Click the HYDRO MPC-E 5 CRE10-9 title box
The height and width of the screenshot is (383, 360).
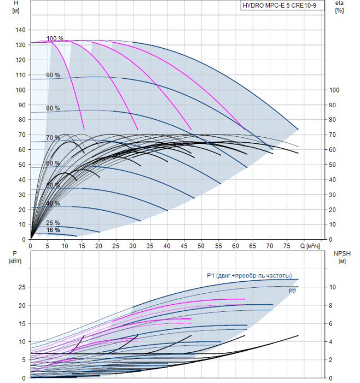pyautogui.click(x=282, y=5)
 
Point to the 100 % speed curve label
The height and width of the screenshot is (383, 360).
pyautogui.click(x=55, y=38)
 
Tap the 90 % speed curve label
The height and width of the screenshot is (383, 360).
pyautogui.click(x=53, y=75)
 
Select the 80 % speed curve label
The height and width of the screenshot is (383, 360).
pyautogui.click(x=53, y=108)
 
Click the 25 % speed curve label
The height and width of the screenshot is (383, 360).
pyautogui.click(x=53, y=223)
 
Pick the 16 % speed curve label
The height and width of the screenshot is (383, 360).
pyautogui.click(x=53, y=230)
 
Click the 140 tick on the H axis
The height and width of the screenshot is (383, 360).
pyautogui.click(x=20, y=30)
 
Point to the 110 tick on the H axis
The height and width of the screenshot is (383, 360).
pyautogui.click(x=20, y=75)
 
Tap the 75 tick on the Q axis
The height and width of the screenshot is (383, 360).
pyautogui.click(x=287, y=246)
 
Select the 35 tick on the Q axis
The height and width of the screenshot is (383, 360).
pyautogui.click(x=150, y=246)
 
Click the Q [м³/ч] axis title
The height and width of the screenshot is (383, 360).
pyautogui.click(x=310, y=246)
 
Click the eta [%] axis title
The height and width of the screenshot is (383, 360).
pyautogui.click(x=340, y=7)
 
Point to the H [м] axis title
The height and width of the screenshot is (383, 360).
pyautogui.click(x=16, y=7)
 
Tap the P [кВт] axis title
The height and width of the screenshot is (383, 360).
pyautogui.click(x=15, y=258)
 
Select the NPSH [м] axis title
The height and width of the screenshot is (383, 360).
pyautogui.click(x=342, y=258)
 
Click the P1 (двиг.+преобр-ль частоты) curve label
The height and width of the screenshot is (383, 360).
pyautogui.click(x=249, y=276)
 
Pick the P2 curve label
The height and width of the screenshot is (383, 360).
pyautogui.click(x=292, y=291)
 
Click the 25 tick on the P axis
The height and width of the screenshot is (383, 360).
pyautogui.click(x=22, y=287)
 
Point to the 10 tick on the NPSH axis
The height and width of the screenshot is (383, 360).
pyautogui.click(x=333, y=287)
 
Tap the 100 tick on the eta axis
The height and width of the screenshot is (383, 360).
pyautogui.click(x=334, y=90)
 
